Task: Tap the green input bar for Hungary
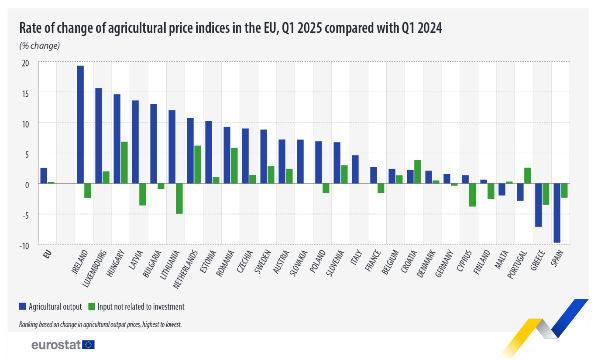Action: (x=124, y=163)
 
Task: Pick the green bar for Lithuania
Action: (x=179, y=199)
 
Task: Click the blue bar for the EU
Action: (x=43, y=176)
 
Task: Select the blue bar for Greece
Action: (x=538, y=205)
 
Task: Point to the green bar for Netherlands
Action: (x=197, y=165)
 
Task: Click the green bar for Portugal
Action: (x=527, y=176)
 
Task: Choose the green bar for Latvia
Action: (x=143, y=194)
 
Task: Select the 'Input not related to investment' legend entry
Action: (x=150, y=304)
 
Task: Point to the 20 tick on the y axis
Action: (x=27, y=63)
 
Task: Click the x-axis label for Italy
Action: (x=354, y=258)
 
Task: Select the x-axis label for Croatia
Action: (x=409, y=262)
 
